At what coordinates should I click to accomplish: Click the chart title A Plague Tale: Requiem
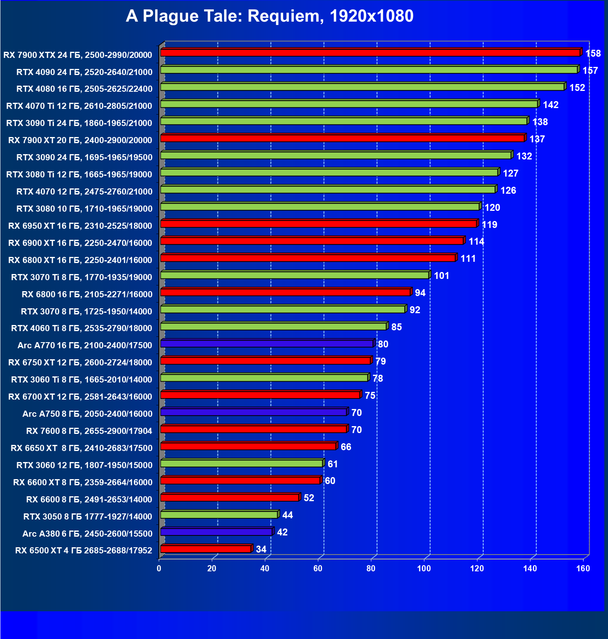[x=269, y=16]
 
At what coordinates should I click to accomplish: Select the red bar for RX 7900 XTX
[x=370, y=53]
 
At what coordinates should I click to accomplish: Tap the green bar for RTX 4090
[x=368, y=70]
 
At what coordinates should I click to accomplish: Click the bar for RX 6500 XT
[x=206, y=549]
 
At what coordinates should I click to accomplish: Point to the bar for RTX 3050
[x=219, y=515]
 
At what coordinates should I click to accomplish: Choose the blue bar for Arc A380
[x=216, y=532]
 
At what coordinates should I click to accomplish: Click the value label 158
[x=593, y=53]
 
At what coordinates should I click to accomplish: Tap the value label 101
[x=441, y=276]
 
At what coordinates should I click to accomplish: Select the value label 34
[x=261, y=549]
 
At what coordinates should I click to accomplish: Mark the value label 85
[x=396, y=327]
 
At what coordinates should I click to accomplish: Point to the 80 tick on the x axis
[x=371, y=568]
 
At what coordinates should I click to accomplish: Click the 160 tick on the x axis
[x=583, y=568]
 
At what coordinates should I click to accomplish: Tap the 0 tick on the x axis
[x=159, y=568]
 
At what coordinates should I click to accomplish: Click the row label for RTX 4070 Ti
[x=79, y=106]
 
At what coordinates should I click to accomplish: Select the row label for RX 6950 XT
[x=80, y=226]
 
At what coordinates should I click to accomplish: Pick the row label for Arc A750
[x=87, y=414]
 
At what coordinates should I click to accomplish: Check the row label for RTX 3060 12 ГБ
[x=84, y=465]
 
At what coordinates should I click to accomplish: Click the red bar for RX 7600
[x=253, y=429]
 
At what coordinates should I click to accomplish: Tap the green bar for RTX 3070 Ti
[x=295, y=275]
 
